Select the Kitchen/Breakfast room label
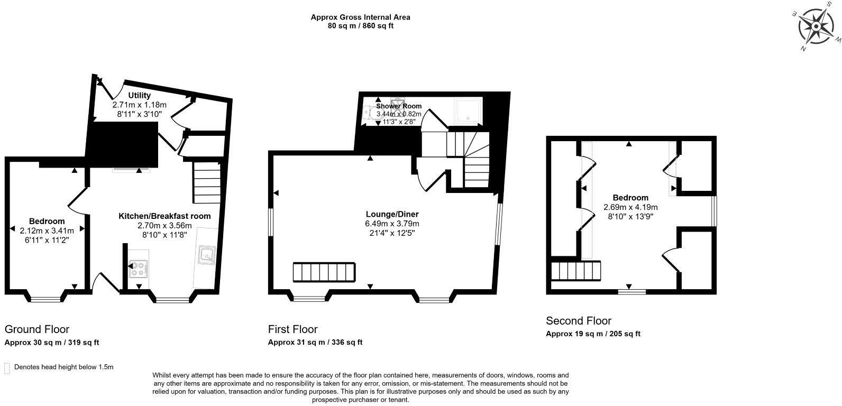pyautogui.click(x=164, y=216)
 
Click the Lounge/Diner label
pyautogui.click(x=392, y=214)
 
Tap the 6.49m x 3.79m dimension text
pyautogui.click(x=392, y=224)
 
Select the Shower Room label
pyautogui.click(x=399, y=106)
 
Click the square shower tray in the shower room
pyautogui.click(x=468, y=110)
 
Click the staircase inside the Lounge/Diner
pyautogui.click(x=323, y=272)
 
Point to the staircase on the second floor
pyautogui.click(x=576, y=271)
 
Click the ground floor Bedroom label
pyautogui.click(x=47, y=221)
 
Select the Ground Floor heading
pyautogui.click(x=37, y=329)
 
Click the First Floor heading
pyautogui.click(x=292, y=329)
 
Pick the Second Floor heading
pyautogui.click(x=578, y=321)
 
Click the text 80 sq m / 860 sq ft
pyautogui.click(x=360, y=25)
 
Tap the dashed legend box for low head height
pyautogui.click(x=7, y=368)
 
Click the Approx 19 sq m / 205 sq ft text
pyautogui.click(x=593, y=334)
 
